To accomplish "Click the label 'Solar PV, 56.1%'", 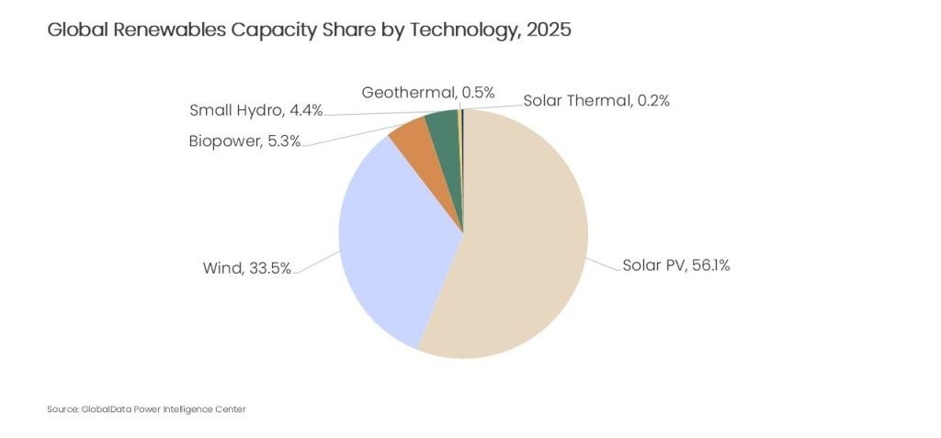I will [x=676, y=265].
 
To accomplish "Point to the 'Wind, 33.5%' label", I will [x=246, y=268].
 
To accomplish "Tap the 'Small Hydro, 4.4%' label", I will [x=255, y=111].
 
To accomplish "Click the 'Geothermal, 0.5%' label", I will [x=428, y=92].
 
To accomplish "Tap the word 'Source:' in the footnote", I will [x=61, y=409].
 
